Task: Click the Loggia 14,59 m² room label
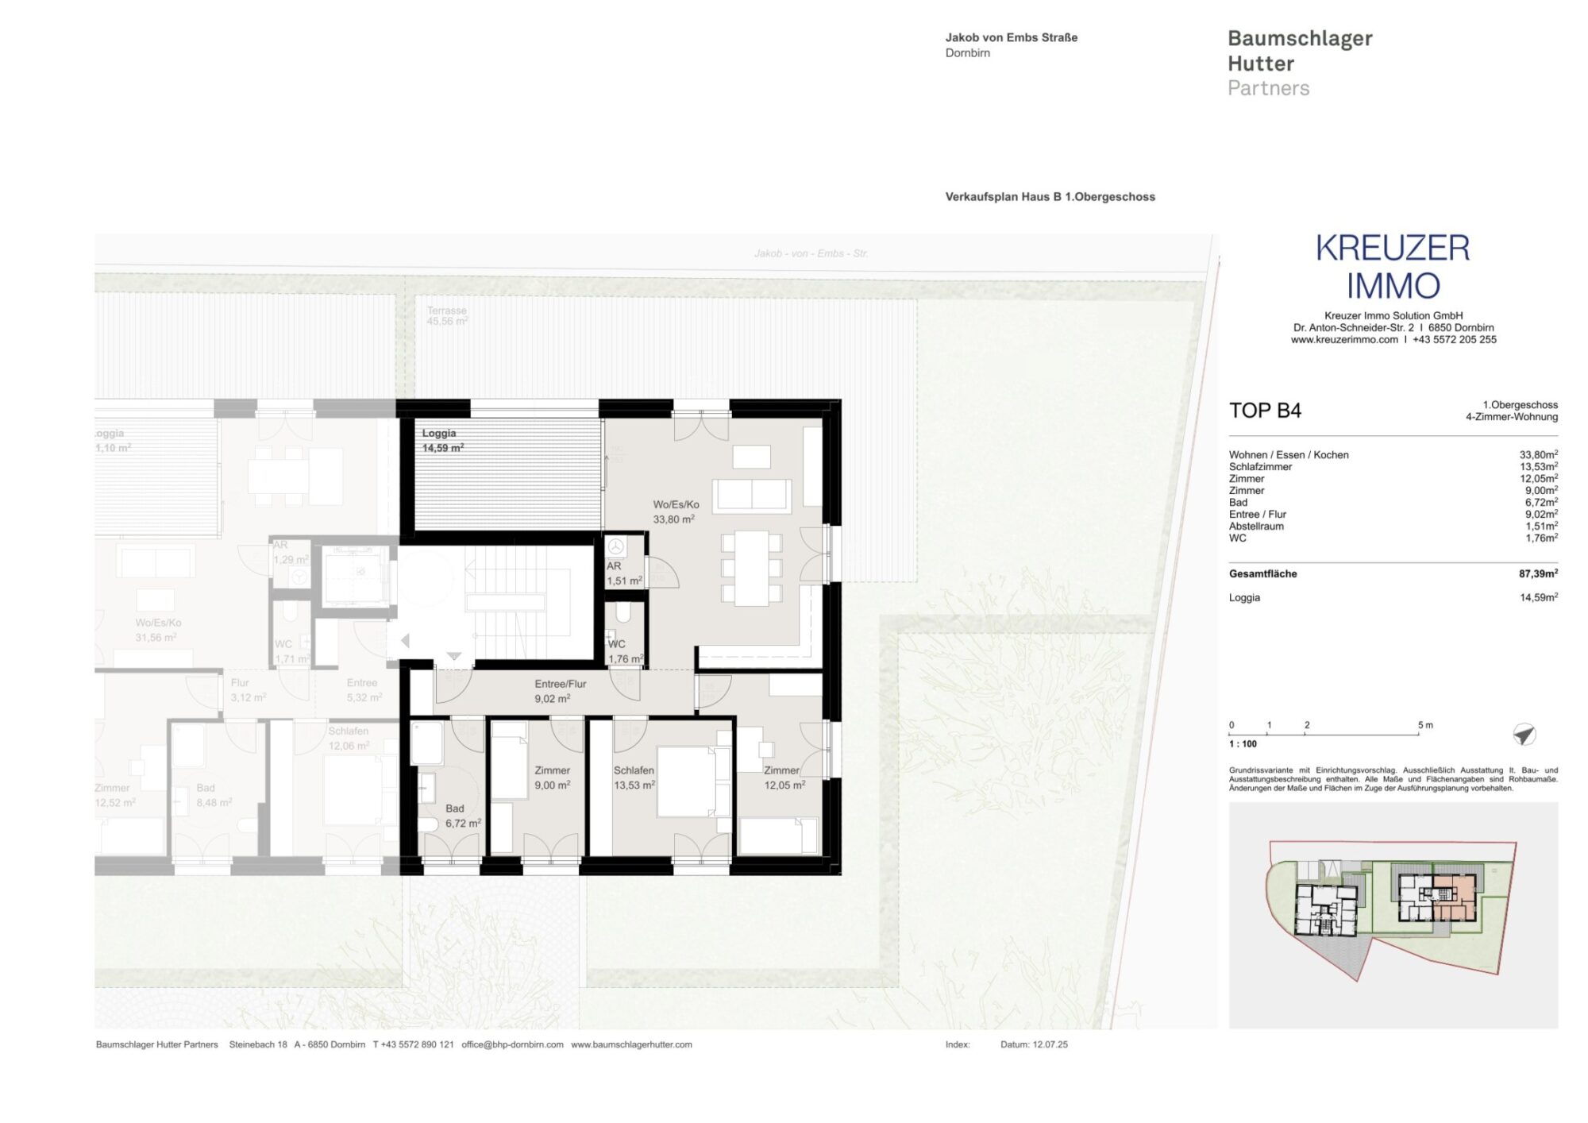[x=442, y=441]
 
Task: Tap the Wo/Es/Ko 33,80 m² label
[x=675, y=511]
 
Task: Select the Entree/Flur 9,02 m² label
[x=560, y=691]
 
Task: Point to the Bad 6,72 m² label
[x=462, y=816]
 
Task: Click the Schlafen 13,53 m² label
[x=634, y=778]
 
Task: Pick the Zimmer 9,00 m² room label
[x=552, y=778]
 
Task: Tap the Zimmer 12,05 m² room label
[x=784, y=778]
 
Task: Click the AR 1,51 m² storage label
[x=623, y=573]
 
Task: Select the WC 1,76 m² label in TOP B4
[x=625, y=651]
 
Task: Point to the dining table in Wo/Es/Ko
[x=751, y=568]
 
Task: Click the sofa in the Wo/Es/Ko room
[x=751, y=495]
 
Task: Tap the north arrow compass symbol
[x=1524, y=735]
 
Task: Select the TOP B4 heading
[x=1265, y=411]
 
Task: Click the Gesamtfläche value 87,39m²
[x=1538, y=573]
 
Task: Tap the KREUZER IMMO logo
[x=1393, y=267]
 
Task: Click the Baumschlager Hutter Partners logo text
[x=1299, y=63]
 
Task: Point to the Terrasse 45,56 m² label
[x=447, y=316]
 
